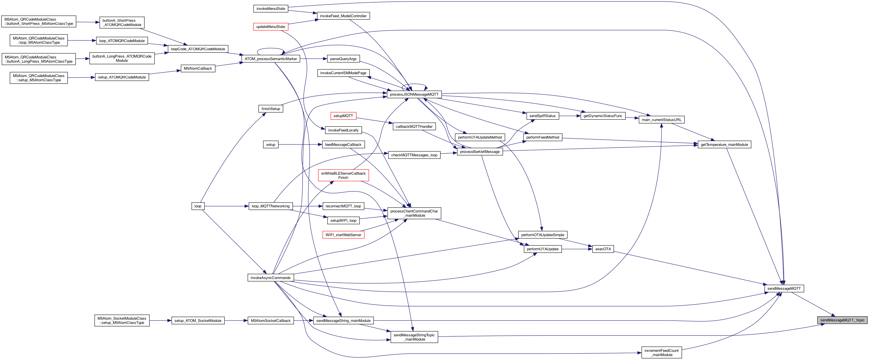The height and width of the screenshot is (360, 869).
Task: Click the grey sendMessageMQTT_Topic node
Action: tap(842, 320)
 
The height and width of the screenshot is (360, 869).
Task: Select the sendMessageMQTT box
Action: tap(784, 288)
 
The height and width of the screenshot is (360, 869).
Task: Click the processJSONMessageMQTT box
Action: tap(414, 95)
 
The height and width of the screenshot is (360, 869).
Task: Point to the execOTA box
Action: tap(603, 249)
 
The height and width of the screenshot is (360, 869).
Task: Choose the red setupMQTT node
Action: tap(343, 116)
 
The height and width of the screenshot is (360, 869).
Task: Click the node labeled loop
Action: tap(198, 206)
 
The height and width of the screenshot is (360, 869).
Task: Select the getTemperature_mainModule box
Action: tap(724, 145)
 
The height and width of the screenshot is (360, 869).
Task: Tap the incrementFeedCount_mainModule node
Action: tap(661, 353)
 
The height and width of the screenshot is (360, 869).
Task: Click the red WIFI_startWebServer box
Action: tap(343, 235)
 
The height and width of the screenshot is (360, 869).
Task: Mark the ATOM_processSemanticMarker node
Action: tap(271, 59)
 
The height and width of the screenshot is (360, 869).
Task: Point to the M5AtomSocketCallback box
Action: tap(271, 321)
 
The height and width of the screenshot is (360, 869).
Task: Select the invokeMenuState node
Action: tap(271, 8)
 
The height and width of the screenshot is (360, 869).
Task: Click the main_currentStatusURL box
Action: tap(661, 120)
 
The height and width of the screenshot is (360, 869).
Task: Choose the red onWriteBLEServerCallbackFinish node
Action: tap(343, 175)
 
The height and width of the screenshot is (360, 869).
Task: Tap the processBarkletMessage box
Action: tap(479, 152)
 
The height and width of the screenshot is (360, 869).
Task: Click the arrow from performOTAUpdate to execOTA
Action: tap(577, 249)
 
